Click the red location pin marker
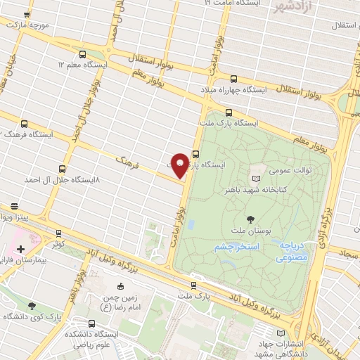(180, 165)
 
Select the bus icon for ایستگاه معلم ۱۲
(84, 53)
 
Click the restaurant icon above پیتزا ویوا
(15, 206)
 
